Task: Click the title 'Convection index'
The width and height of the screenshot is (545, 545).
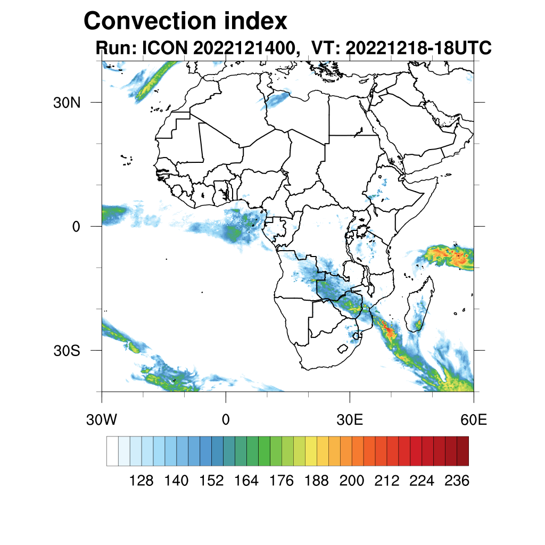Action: click(185, 21)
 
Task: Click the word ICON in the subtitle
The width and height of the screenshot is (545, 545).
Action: click(163, 48)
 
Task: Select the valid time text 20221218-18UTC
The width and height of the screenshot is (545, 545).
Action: click(418, 48)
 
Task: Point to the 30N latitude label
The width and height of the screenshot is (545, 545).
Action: click(67, 103)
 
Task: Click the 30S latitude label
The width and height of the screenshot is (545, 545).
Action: click(67, 351)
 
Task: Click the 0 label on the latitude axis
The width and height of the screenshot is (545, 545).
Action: click(76, 227)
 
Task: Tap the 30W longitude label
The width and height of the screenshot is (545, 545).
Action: click(102, 420)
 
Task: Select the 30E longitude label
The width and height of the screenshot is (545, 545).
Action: click(350, 420)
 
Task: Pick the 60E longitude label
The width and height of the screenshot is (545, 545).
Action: click(474, 420)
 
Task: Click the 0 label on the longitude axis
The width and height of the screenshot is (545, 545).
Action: click(226, 420)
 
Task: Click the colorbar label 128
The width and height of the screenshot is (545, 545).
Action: click(142, 481)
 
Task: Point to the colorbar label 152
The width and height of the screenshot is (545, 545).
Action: click(211, 481)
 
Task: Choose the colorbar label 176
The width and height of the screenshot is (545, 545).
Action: click(282, 481)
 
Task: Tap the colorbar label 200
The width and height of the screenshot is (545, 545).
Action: click(352, 481)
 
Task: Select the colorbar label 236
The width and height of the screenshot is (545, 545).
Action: click(457, 481)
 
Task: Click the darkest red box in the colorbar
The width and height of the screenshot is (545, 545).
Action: click(463, 451)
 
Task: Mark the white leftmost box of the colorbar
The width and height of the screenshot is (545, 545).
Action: click(112, 451)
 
